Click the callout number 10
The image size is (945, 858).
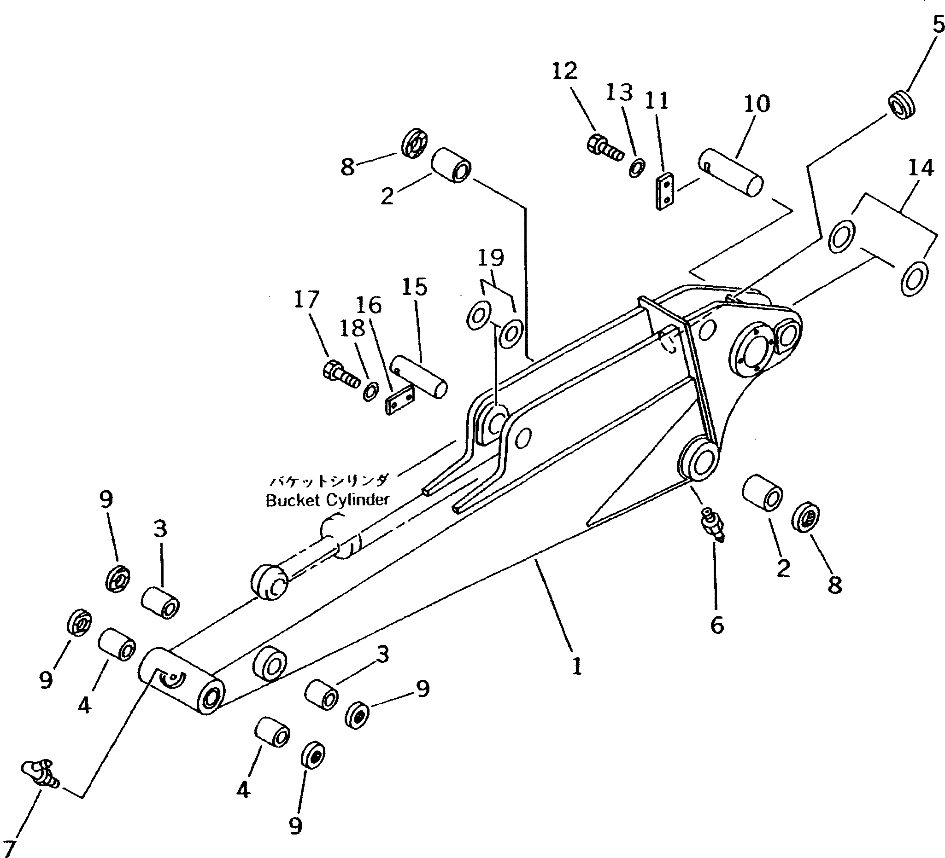757,104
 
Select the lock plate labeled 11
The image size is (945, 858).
665,191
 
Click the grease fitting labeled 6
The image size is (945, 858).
712,525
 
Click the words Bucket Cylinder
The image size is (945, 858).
327,500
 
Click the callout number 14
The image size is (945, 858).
921,167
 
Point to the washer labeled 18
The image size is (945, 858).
371,390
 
